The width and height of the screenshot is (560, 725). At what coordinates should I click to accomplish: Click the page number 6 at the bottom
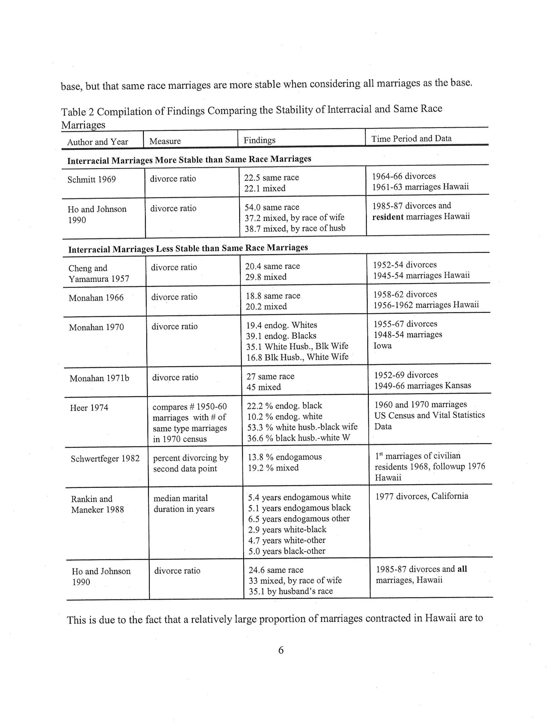click(281, 650)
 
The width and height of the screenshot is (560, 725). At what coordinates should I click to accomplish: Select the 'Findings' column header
click(259, 140)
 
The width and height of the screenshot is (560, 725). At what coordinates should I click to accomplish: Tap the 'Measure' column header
click(165, 141)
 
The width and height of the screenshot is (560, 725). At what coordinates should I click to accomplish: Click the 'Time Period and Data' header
click(411, 138)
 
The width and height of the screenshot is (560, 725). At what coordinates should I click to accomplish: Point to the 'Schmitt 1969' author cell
click(92, 179)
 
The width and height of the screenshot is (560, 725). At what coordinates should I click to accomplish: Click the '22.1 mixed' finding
click(265, 188)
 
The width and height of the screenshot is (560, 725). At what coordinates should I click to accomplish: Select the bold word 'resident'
click(387, 217)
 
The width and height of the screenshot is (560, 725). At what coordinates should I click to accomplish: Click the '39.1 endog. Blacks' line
click(281, 336)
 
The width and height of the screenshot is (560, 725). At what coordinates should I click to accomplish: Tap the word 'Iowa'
click(383, 346)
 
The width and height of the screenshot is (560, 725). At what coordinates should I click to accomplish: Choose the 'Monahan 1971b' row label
click(99, 378)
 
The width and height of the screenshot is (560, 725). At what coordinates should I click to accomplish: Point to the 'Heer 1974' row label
click(89, 408)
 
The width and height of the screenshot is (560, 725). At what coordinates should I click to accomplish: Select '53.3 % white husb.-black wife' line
click(302, 427)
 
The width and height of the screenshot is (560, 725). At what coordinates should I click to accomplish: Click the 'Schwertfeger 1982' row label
click(105, 459)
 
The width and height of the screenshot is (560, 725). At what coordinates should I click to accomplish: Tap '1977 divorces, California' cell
click(422, 496)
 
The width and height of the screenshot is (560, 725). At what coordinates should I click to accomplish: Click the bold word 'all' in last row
click(462, 569)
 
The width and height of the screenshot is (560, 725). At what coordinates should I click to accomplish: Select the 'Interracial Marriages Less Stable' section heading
click(188, 248)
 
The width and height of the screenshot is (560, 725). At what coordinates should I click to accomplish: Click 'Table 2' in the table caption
click(77, 112)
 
